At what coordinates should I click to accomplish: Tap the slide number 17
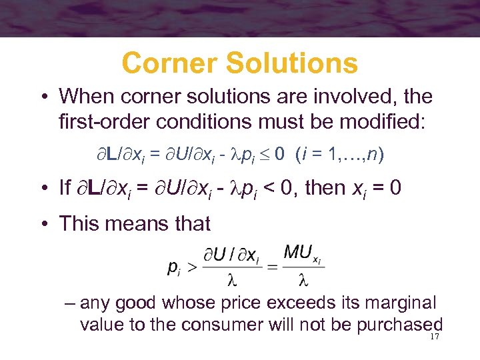(435, 337)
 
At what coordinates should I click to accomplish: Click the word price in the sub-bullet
(285, 303)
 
